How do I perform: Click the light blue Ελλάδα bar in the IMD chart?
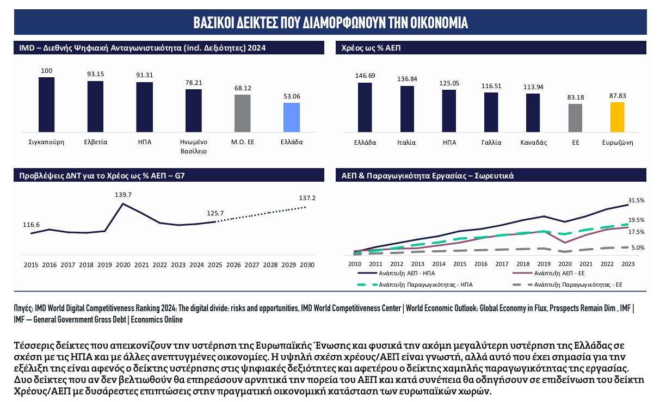[292, 117]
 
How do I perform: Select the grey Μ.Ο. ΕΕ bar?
[243, 113]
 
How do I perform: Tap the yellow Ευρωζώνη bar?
[617, 117]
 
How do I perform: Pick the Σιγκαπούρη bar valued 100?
[47, 104]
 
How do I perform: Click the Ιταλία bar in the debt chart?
[407, 109]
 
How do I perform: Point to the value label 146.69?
[365, 76]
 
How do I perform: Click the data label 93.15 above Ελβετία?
[95, 74]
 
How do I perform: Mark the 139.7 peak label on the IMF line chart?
[123, 195]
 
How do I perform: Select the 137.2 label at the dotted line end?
[307, 198]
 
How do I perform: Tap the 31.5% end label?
[636, 200]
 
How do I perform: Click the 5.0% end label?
[638, 248]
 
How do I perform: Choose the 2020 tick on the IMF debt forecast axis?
[123, 265]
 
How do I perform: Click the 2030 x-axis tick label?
[307, 265]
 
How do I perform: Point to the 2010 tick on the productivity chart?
[354, 264]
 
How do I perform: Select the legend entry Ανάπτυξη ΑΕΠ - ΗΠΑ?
[396, 273]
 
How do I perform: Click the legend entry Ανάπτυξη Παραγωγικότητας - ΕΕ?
[568, 285]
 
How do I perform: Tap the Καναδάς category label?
[533, 143]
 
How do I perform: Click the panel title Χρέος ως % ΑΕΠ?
[371, 48]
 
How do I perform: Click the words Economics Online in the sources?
[157, 319]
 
